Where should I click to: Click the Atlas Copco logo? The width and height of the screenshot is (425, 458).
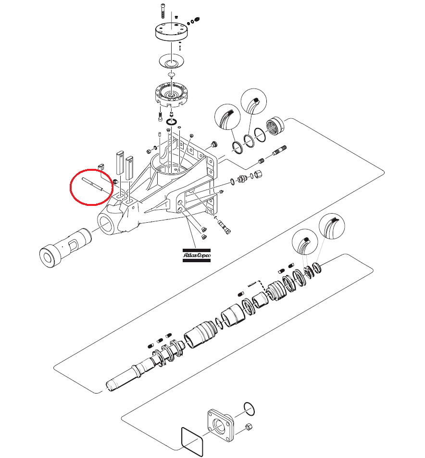coord(197,255)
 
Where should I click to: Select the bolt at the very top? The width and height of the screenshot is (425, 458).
coord(163,11)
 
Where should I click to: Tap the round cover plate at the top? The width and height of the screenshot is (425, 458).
coord(171,31)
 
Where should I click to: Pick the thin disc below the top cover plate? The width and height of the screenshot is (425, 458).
coord(172,62)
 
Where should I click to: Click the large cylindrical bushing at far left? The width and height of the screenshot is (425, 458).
coord(65,248)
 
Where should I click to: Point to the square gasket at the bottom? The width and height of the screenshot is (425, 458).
coord(192,442)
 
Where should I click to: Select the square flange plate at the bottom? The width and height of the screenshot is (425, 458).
coord(220,425)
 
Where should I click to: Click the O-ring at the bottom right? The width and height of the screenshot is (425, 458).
coord(249,409)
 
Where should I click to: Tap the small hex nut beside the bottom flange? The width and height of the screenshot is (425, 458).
coord(249,427)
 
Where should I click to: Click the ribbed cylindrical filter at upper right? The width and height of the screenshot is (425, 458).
coord(275,126)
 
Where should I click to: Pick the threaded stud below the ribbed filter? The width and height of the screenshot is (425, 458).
coord(279,151)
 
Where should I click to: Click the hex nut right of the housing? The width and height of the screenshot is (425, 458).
coord(258,174)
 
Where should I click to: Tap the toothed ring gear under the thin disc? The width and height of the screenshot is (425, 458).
coord(171,95)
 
